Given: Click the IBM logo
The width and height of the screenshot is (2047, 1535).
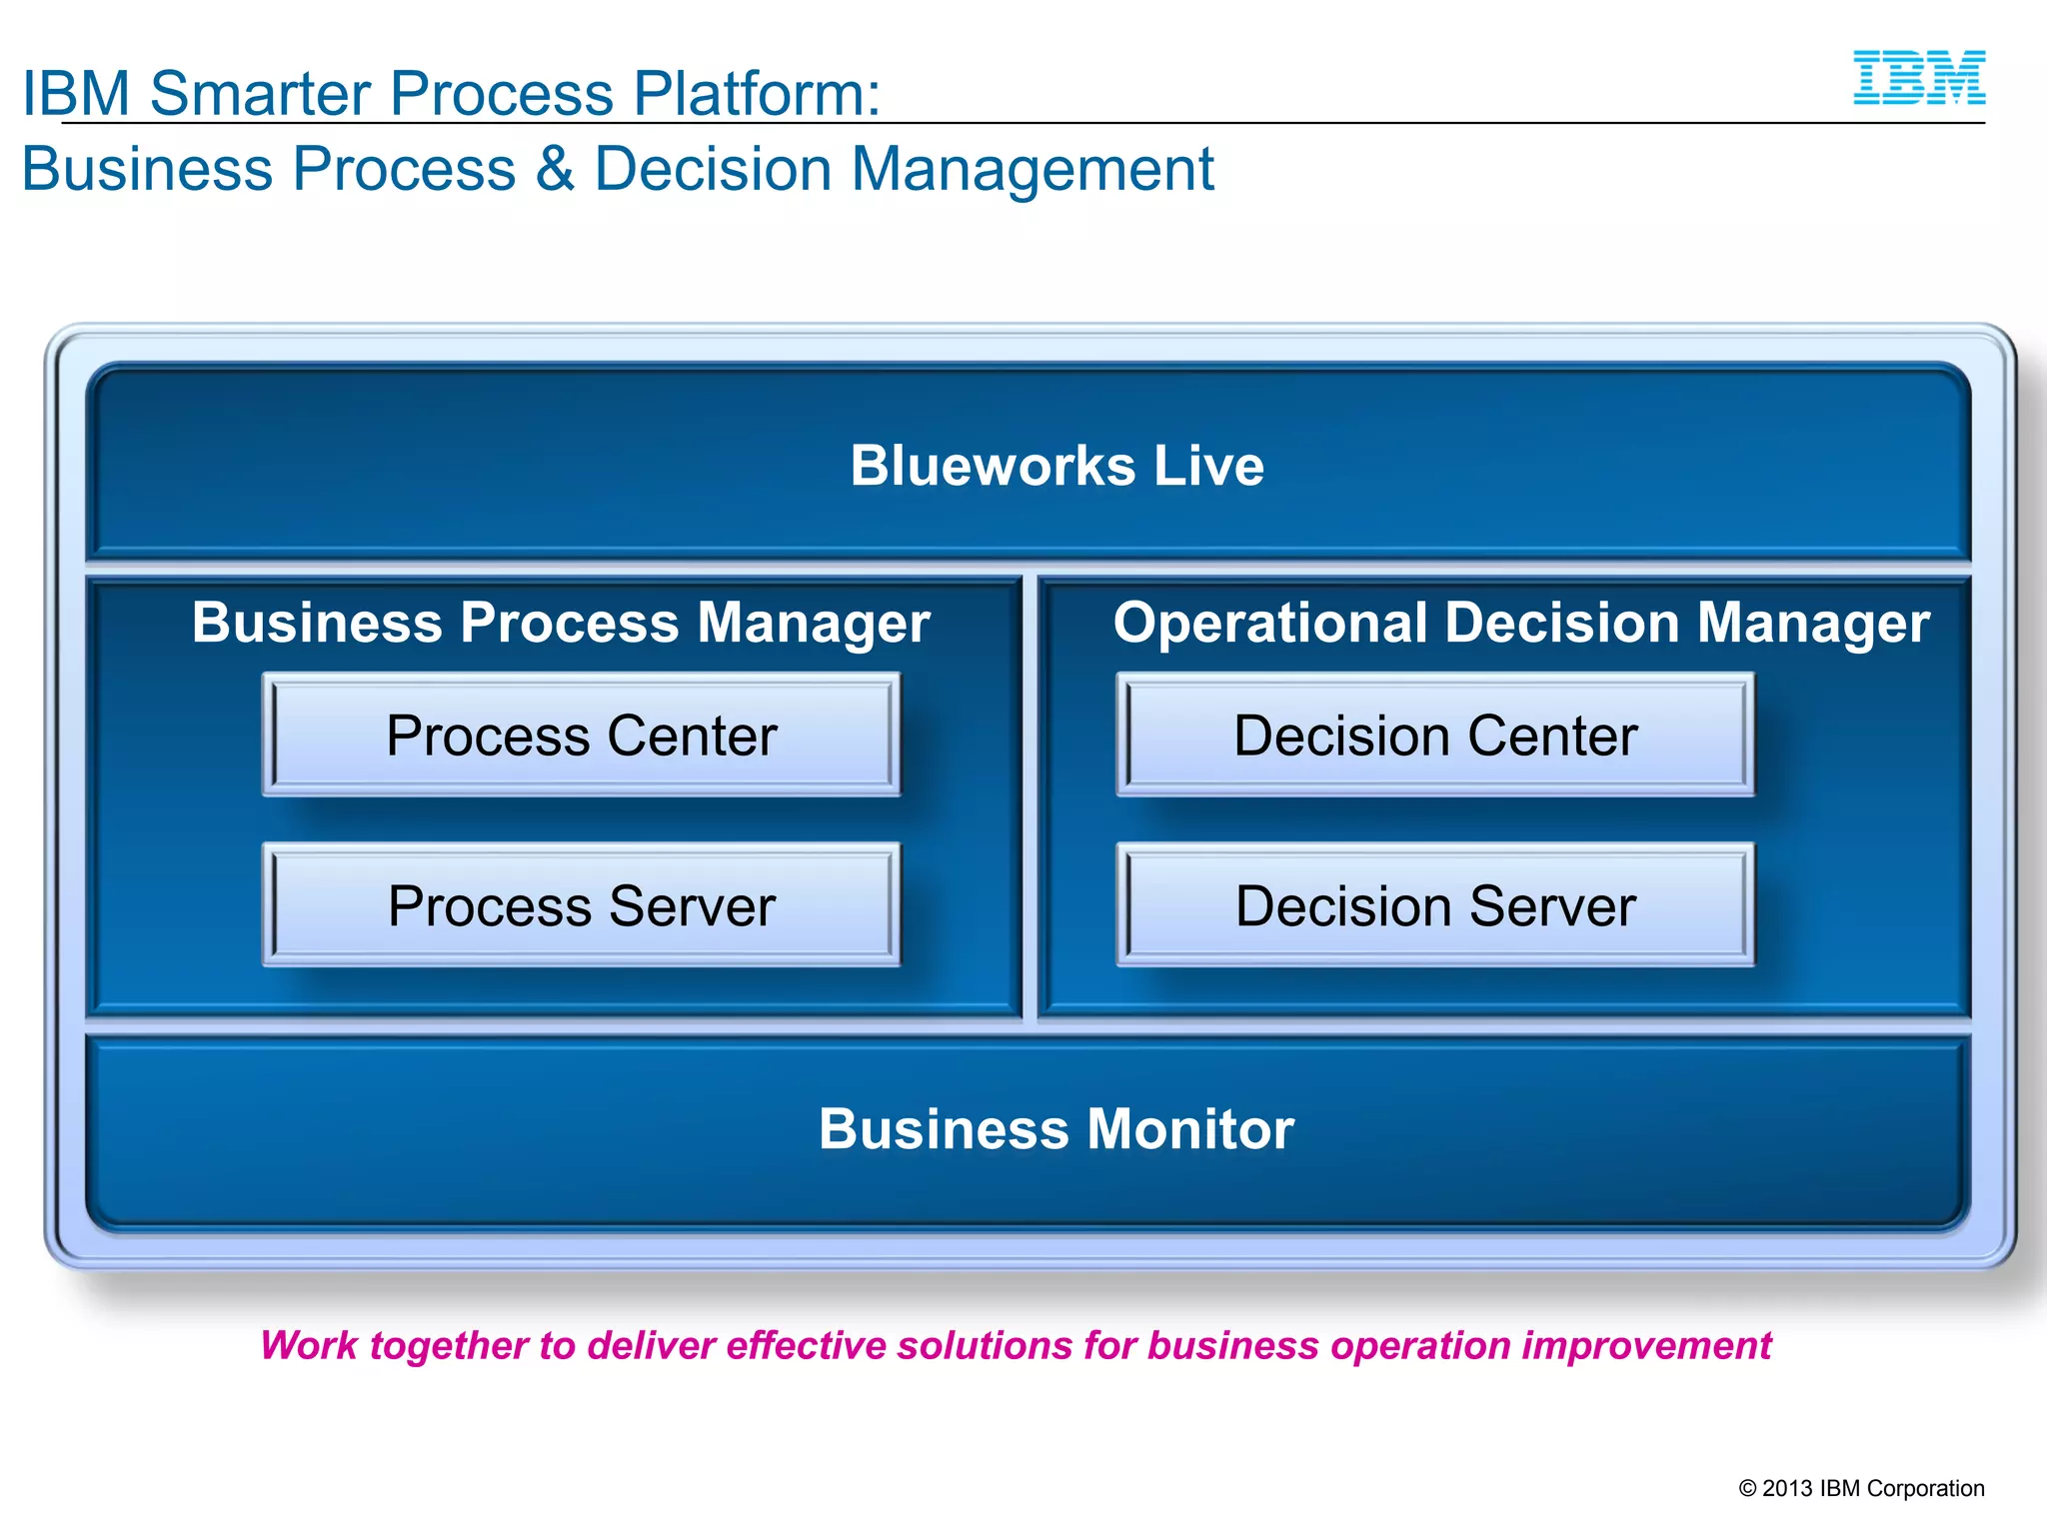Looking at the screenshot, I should (1919, 78).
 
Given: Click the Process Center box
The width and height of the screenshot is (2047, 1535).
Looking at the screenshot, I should (581, 736).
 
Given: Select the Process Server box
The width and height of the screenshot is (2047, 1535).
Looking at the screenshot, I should (581, 905).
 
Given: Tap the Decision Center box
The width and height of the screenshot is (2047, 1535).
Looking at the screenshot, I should (1434, 736).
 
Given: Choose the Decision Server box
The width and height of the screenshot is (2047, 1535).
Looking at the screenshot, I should (1434, 905).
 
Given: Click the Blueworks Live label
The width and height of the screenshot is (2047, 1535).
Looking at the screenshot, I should (1056, 466).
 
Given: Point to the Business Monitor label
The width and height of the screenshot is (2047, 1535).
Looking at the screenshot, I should (1055, 1129).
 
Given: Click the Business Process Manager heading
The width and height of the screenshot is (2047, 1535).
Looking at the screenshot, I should (561, 623).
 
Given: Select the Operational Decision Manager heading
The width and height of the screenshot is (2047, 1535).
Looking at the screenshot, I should (1520, 623).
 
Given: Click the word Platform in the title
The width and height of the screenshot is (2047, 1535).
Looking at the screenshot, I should (756, 93).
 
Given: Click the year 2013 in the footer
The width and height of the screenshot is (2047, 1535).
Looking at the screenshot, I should (1787, 1488).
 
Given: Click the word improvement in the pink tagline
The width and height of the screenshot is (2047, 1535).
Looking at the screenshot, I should (1646, 1346).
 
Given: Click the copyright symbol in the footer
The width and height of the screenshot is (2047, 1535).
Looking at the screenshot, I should (1747, 1488).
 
